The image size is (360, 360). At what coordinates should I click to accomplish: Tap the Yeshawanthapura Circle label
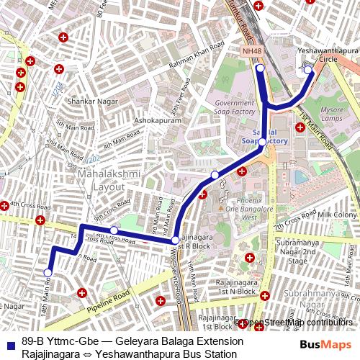point(323,56)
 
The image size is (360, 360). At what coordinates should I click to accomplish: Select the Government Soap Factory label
point(235,108)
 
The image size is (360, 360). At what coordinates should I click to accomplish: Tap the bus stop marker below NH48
point(261,68)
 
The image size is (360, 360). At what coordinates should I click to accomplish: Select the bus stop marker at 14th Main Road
point(48,273)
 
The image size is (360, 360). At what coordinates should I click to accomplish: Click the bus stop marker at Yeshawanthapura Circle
point(307,69)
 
